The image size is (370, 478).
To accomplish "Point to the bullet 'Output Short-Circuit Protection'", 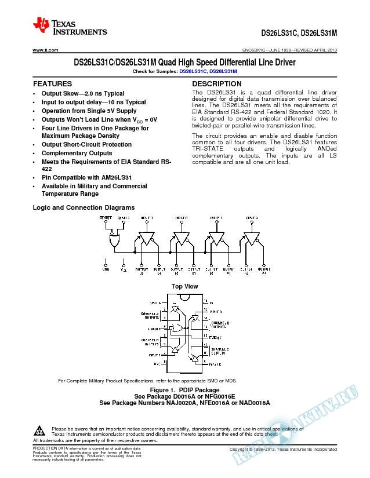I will tap(86, 144).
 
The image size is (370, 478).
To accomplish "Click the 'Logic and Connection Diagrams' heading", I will tap(84, 207).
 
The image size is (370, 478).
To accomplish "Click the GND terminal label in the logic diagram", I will tap(106, 269).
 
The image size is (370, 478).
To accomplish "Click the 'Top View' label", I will tap(184, 287).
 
